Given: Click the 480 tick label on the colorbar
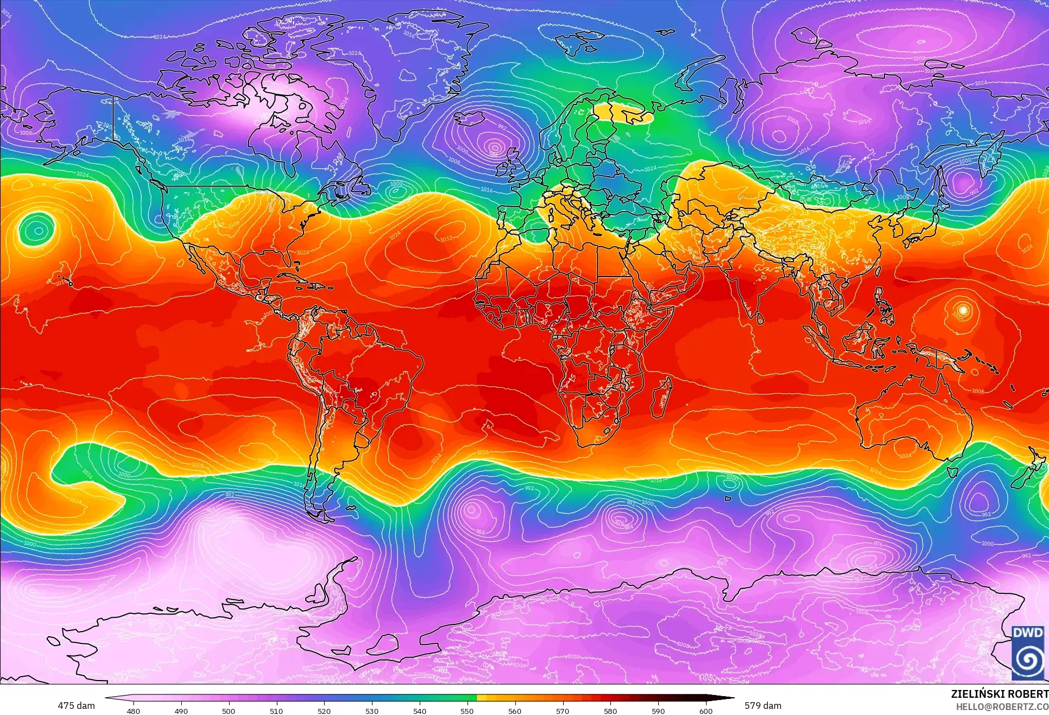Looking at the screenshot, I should [133, 711].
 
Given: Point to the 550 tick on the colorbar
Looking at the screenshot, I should [467, 711].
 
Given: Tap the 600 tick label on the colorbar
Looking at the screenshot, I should [706, 711].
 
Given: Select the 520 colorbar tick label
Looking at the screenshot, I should [324, 711].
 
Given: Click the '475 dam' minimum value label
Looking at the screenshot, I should [76, 706].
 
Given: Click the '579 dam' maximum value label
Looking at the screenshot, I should [763, 706].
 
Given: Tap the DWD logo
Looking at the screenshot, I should [1027, 652].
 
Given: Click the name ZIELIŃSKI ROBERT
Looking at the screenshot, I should [999, 694].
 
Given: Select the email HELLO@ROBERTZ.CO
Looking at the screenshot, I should [1002, 706].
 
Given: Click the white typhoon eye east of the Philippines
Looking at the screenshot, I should [963, 309].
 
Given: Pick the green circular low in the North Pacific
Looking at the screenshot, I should [37, 230].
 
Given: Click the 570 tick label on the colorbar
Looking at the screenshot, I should [563, 711].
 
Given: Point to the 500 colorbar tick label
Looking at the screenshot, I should [228, 711].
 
